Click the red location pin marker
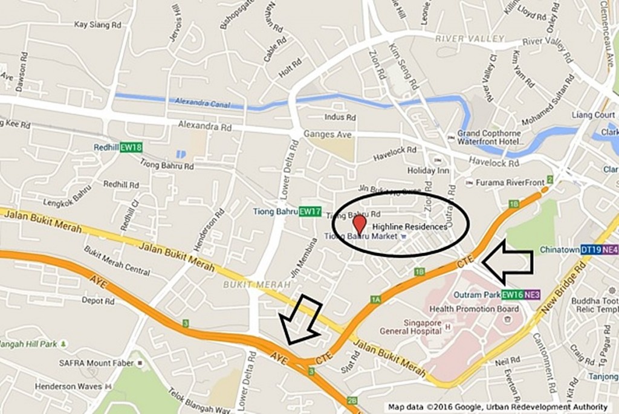[359, 225]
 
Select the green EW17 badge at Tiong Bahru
[310, 212]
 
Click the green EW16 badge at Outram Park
[512, 294]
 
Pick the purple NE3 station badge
[532, 294]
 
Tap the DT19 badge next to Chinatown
[590, 249]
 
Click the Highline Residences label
[409, 227]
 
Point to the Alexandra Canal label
[203, 102]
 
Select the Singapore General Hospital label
[409, 326]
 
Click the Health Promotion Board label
[482, 309]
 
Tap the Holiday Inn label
[430, 170]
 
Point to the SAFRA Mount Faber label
[93, 363]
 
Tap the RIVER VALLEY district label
[469, 39]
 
